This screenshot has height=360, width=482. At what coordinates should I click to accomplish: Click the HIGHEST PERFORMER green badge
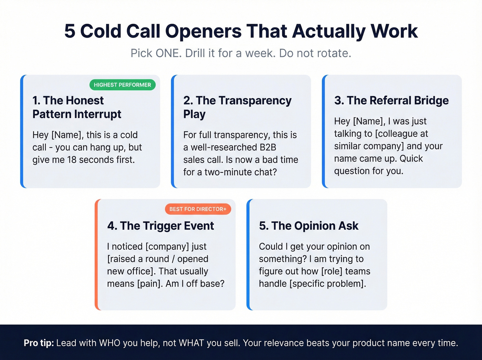point(122,85)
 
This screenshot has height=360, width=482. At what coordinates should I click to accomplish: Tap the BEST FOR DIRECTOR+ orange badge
point(198,209)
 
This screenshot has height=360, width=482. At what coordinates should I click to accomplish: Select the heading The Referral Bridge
point(391,100)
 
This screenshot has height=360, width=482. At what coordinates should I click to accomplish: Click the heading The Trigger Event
point(160,226)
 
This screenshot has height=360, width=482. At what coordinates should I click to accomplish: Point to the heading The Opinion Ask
point(308,226)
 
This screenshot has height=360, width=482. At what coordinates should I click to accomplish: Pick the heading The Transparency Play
point(237,107)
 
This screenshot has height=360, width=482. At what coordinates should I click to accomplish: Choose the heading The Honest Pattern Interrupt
point(77,107)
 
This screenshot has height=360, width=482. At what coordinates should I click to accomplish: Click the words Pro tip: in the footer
point(39,343)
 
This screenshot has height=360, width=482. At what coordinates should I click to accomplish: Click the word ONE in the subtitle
point(168,53)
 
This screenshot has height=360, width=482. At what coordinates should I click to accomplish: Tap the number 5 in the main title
point(70,31)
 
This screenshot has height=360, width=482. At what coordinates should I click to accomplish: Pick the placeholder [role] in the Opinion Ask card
point(332,271)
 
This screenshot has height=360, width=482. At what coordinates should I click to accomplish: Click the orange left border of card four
point(96,255)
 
